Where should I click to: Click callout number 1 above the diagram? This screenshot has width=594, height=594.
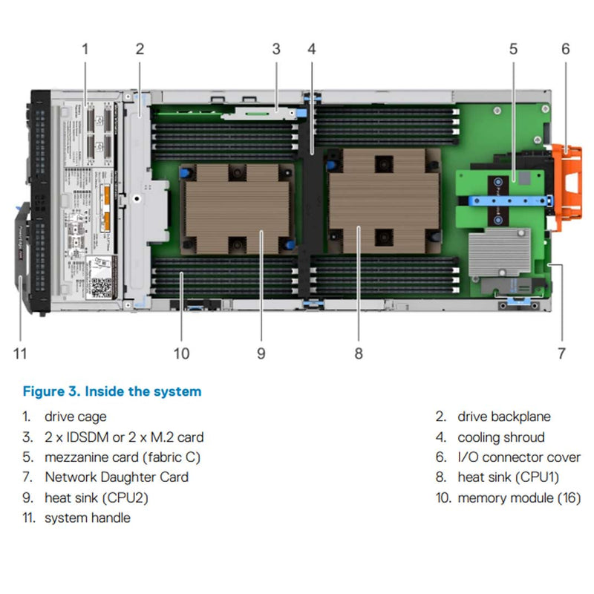85,50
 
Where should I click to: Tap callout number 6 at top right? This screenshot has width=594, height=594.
566,50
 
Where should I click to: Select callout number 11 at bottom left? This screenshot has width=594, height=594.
20,353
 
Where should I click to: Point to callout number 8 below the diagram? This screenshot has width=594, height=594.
359,353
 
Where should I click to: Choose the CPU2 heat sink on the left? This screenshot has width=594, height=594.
236,207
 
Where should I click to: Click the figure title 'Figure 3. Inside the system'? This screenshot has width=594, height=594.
112,391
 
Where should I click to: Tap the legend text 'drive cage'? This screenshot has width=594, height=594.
75,417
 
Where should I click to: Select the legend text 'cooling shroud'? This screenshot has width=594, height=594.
500,437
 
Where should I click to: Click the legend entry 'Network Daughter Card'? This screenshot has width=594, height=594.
116,477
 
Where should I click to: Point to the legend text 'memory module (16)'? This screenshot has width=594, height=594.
519,497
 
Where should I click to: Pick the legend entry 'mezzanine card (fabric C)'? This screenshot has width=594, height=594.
123,457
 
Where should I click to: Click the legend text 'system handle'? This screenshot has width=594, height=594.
87,518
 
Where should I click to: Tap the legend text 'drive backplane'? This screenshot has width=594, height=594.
503,417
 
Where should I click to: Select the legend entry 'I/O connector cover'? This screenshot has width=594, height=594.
518,457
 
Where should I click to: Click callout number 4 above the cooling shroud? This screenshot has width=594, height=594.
312,50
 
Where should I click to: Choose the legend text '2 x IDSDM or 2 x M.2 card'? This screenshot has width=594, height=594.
123,437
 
